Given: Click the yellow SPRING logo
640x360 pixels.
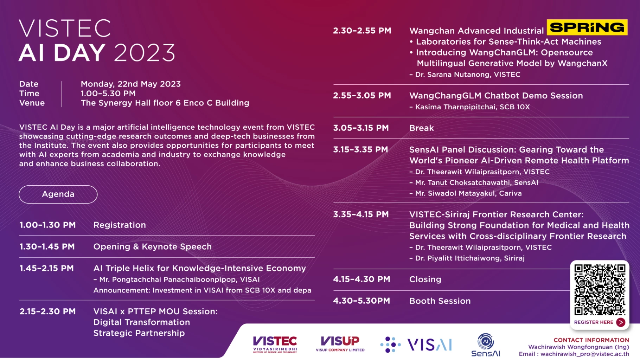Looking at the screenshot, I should coord(587,27).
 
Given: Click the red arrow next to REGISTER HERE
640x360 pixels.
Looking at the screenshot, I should coord(621,322).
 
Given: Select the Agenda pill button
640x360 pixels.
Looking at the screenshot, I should coord(58,194).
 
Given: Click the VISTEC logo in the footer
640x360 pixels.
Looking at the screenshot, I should coord(275,344).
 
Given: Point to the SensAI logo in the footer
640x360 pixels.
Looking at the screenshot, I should coord(486,345).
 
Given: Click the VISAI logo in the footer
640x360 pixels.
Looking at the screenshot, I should coord(416,345).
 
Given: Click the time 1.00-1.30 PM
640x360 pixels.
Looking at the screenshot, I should coord(47,225).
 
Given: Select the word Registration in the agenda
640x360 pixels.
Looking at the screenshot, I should coord(120,225).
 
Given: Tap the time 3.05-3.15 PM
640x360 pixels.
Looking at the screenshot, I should coord(361,128).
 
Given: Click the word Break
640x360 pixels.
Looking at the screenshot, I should coord(421,128).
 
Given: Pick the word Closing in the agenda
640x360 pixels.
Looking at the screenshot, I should coord(425,279).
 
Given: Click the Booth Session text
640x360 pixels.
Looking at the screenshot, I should coord(440,301).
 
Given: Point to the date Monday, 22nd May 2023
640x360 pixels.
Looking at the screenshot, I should coord(131,84).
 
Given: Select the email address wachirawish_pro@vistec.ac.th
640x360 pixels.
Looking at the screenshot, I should coord(584,354).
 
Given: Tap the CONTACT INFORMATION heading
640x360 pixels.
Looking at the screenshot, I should coord(591,340).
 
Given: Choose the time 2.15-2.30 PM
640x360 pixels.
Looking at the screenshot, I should coord(47,311).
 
